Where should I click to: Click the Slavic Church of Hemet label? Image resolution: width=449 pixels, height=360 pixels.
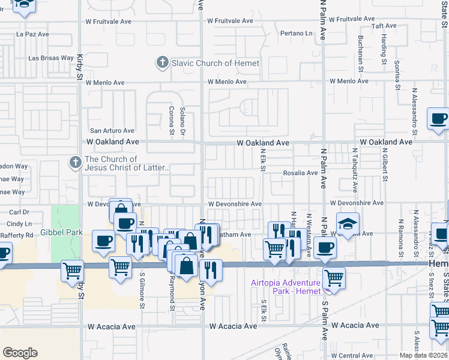215,63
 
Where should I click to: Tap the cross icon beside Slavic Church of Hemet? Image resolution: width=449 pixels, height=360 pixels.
162,62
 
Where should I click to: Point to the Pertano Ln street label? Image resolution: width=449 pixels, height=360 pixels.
297,34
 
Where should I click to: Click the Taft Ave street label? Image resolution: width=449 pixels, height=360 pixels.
384,26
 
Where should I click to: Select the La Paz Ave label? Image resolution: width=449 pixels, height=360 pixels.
32,34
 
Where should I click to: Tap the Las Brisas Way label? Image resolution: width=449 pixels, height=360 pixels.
51,59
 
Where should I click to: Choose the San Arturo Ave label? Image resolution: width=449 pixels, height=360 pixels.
112,130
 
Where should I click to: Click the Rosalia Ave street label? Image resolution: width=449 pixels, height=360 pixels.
300,173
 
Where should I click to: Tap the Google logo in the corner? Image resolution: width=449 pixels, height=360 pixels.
20,353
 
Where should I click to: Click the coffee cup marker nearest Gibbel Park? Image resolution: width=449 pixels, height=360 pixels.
103,241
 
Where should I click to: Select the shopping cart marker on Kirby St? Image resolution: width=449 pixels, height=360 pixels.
72,271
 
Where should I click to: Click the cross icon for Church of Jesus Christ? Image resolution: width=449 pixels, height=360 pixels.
75,163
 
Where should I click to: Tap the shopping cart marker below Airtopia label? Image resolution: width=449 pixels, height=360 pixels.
334,278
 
